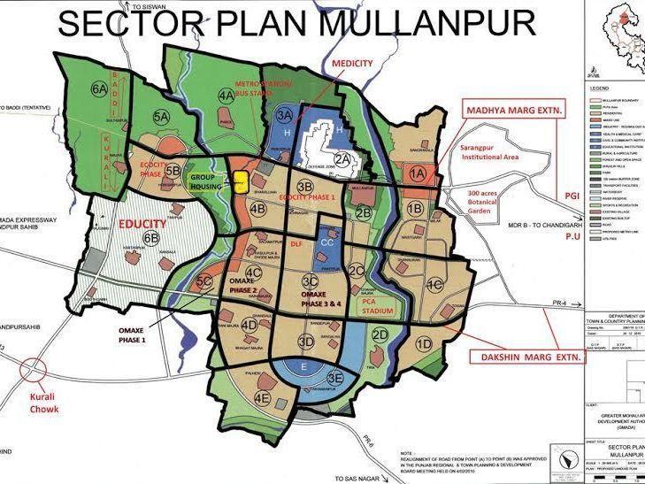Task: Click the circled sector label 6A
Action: pos(99,88)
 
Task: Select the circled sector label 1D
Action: pos(425,343)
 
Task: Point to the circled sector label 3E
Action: pos(335,378)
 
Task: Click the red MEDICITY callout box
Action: pos(352,65)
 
